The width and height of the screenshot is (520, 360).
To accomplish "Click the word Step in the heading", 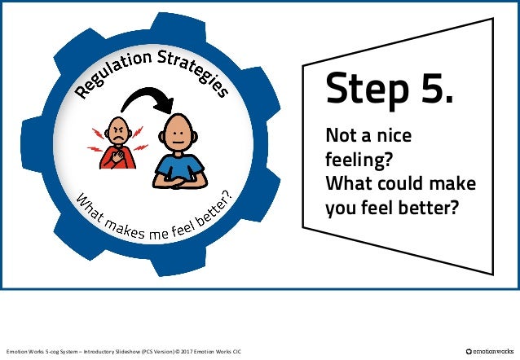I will click(x=363, y=89).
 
